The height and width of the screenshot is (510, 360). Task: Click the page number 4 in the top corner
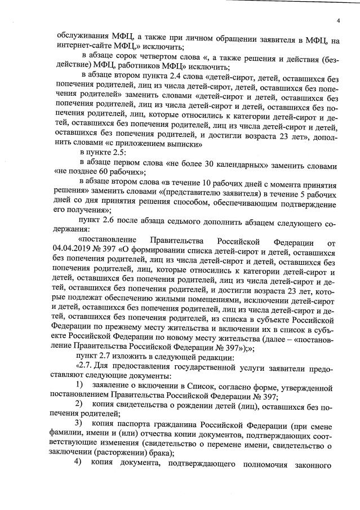click(339, 21)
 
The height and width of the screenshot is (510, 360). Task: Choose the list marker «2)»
click(79, 403)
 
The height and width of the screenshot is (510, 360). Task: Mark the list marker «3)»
click(79, 423)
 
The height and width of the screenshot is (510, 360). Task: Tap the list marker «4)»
click(79, 462)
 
